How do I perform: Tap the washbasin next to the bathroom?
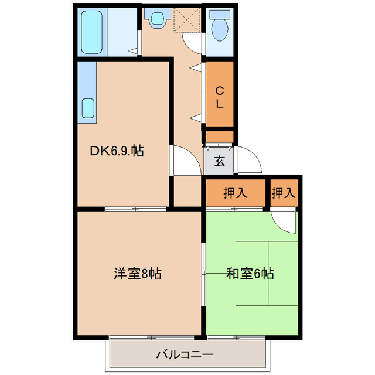158,19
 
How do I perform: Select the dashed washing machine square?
187,20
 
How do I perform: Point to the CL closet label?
219,97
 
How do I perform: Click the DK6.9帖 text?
117,151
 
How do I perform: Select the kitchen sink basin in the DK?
88,108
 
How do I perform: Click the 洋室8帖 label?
138,272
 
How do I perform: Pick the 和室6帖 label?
250,272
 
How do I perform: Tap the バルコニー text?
184,353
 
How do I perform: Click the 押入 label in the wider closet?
235,192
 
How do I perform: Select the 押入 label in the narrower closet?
284,192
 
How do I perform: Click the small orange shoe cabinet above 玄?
219,137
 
